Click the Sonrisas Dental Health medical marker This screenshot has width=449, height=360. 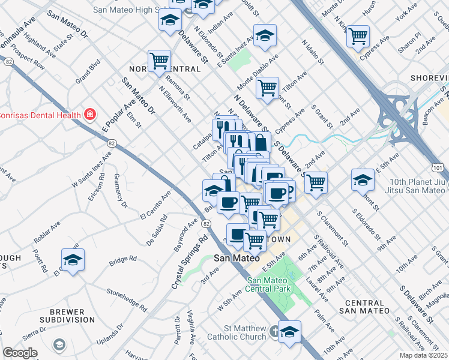(89, 113)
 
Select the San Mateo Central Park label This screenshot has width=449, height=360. (269, 284)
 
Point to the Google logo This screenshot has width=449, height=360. (20, 353)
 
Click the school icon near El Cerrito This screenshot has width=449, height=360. (73, 260)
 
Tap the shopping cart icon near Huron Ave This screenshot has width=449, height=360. (358, 36)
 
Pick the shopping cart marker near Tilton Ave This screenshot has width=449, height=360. (267, 88)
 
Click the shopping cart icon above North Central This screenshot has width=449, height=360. (159, 60)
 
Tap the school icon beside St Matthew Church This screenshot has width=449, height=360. (289, 331)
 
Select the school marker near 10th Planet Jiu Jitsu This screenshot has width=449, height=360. (363, 179)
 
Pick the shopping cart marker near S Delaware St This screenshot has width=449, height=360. (315, 182)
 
